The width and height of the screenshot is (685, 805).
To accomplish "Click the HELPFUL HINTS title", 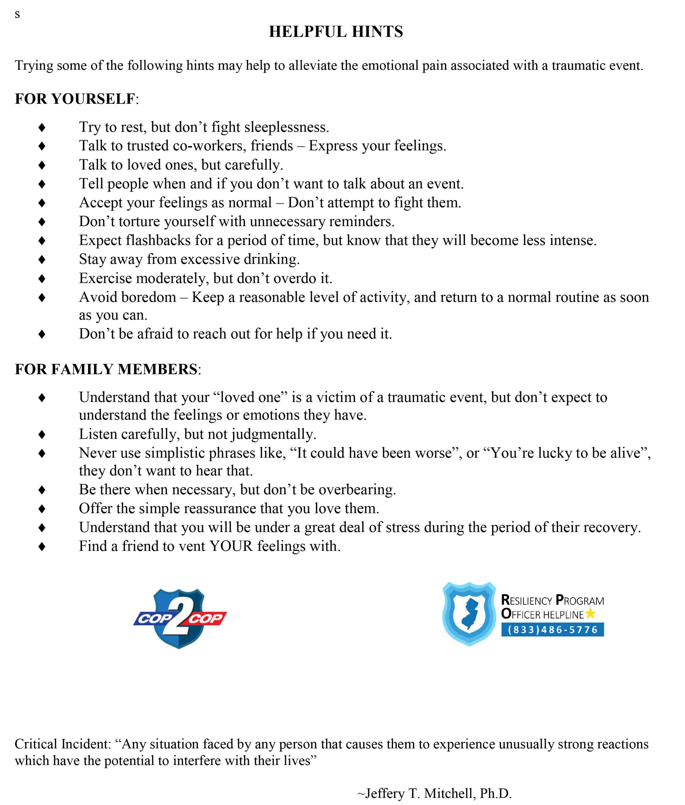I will point(336,32).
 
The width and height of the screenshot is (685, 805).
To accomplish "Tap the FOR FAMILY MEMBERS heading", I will point(106,369).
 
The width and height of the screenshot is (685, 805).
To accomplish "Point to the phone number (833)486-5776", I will point(553,630).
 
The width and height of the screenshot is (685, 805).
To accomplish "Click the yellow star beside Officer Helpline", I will point(590,613).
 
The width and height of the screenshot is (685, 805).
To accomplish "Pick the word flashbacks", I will point(158,240).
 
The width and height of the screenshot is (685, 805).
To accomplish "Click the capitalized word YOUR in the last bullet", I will point(231,547).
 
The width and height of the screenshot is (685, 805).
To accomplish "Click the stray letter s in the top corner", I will point(17,15).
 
